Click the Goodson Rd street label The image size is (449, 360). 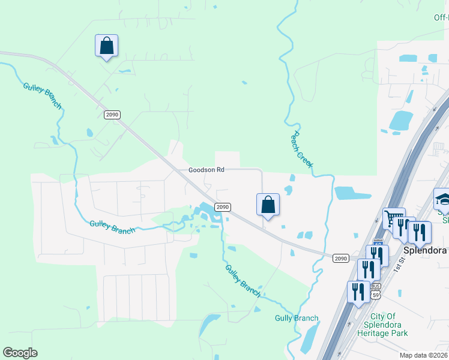[x=206, y=170]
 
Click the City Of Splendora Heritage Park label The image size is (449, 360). [x=391, y=325]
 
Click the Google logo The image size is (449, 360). [x=20, y=353]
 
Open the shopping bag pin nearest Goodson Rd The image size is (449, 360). [x=268, y=205]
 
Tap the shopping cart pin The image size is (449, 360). [x=394, y=219]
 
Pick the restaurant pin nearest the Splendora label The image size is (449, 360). [x=420, y=233]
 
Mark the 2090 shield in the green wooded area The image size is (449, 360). [x=112, y=115]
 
